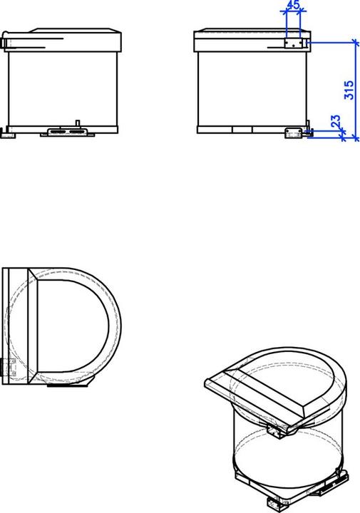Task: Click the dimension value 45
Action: tap(293, 4)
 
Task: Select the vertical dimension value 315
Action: tap(349, 90)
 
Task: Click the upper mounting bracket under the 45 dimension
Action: tap(293, 43)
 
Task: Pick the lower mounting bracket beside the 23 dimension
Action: tap(293, 133)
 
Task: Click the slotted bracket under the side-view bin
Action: tap(68, 132)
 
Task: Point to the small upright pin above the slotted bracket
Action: tap(78, 123)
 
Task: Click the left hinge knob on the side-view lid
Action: tap(4, 41)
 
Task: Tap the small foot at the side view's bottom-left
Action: tap(7, 133)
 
